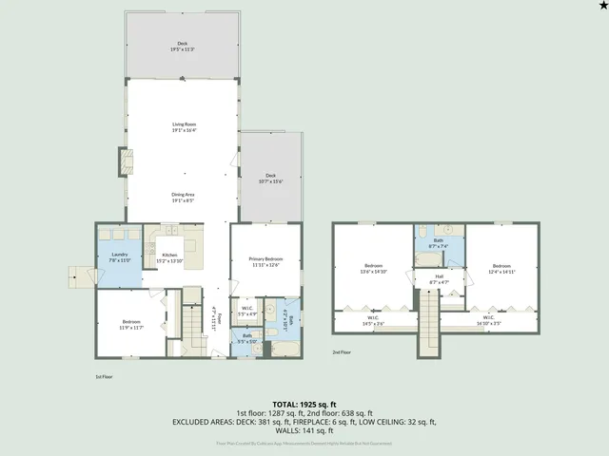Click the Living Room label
(x=184, y=127)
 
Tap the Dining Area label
(x=184, y=198)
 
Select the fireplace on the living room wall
(x=123, y=161)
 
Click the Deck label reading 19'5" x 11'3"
(x=183, y=47)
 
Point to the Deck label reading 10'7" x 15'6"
(x=270, y=179)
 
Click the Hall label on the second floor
(x=439, y=280)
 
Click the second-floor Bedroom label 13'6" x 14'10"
(x=373, y=268)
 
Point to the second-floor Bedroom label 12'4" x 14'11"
(x=501, y=268)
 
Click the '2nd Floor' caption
(x=343, y=351)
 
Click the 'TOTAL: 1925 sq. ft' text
(x=304, y=405)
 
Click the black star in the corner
(x=601, y=6)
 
